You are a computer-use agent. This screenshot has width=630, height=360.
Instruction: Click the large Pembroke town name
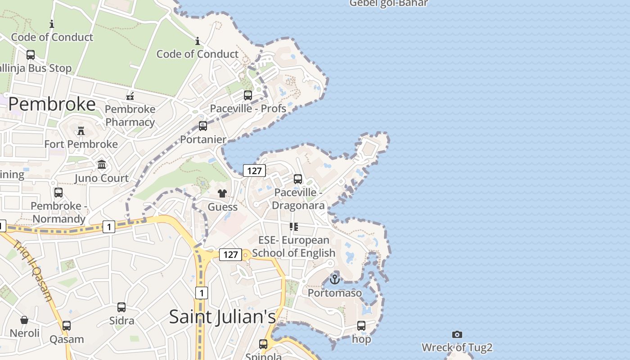click(52, 104)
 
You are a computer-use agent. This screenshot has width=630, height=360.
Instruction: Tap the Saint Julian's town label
click(222, 317)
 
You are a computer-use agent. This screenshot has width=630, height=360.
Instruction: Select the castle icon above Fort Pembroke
click(81, 131)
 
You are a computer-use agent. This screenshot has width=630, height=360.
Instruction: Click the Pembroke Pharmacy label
click(130, 116)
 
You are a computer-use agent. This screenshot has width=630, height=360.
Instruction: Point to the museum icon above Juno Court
click(102, 165)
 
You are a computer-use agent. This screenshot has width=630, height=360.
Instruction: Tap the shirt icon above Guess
click(222, 194)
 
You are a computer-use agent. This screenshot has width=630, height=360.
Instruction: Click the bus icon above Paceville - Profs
click(248, 95)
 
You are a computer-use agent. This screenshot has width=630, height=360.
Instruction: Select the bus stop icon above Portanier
click(203, 126)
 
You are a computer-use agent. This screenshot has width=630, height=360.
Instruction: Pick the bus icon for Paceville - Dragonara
click(298, 179)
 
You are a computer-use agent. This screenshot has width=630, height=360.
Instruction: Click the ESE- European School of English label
click(294, 247)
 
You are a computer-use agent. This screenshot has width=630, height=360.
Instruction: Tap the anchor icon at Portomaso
click(335, 279)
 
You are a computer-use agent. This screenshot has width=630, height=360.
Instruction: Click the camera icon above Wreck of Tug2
click(457, 334)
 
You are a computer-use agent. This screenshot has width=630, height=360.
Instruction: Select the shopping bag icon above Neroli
click(24, 320)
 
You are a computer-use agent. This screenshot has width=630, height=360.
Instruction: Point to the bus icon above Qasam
click(67, 326)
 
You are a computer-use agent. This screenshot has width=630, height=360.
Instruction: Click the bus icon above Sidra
click(121, 307)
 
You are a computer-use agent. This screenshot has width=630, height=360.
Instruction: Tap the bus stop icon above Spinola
click(263, 344)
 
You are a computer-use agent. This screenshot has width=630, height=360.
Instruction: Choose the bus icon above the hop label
click(361, 326)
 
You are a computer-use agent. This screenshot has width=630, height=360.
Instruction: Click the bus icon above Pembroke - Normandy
click(58, 193)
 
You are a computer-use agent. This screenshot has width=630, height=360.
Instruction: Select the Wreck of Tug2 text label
click(457, 347)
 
